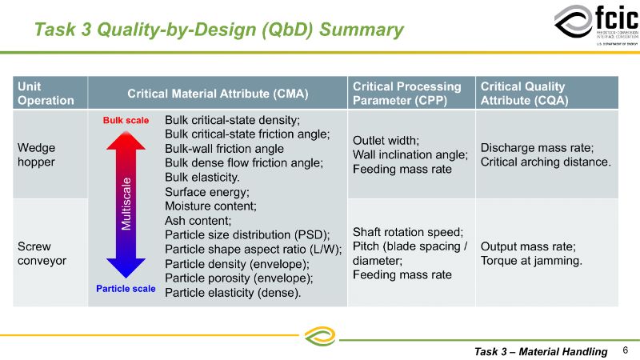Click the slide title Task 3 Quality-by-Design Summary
pos(218,30)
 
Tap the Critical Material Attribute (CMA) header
pos(217,94)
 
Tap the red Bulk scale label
pos(126,122)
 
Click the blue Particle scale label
pos(126,289)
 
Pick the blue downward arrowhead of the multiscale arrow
pos(126,268)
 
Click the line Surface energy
pos(207,192)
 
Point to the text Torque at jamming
pos(531,261)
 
